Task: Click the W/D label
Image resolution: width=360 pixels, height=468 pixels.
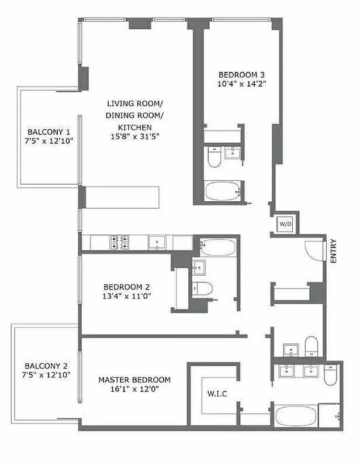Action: click(285, 224)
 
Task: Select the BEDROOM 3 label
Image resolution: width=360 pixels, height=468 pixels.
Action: click(242, 74)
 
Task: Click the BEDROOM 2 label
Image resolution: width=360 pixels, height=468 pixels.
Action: click(127, 287)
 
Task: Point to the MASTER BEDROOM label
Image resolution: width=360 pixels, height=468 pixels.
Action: click(134, 380)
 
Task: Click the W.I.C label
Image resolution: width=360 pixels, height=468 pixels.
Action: click(217, 394)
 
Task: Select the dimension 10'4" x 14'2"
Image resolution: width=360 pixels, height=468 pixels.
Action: click(242, 84)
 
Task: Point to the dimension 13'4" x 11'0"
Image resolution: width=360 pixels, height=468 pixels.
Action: click(127, 296)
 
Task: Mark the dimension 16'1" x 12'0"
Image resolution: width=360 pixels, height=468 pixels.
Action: click(134, 389)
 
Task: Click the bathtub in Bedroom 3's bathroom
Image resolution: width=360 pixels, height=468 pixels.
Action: click(223, 191)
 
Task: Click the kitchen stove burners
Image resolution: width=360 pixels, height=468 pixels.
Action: click(120, 242)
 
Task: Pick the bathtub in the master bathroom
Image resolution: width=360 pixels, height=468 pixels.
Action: click(295, 417)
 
